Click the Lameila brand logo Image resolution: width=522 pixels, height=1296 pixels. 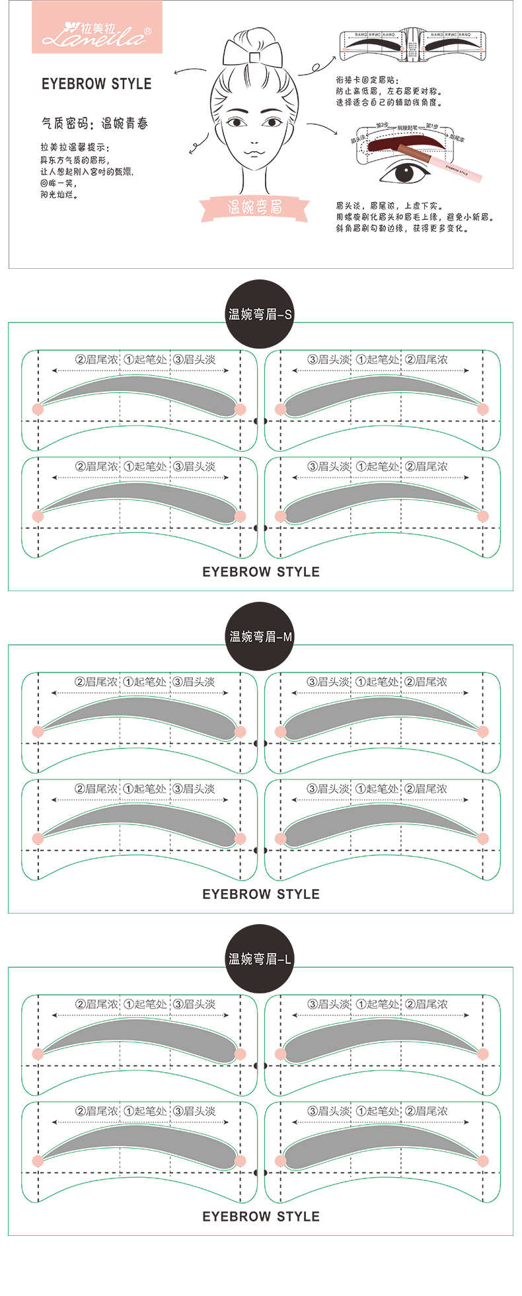click(96, 28)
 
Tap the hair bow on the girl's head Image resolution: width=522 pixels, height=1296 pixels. click(252, 52)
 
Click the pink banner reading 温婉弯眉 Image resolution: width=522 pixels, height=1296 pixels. click(254, 207)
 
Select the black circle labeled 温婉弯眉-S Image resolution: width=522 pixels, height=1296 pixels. click(260, 314)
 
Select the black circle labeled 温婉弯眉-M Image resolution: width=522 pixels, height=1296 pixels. click(260, 636)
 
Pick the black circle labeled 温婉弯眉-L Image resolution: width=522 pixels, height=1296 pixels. click(260, 958)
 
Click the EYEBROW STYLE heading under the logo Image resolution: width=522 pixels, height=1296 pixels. click(96, 84)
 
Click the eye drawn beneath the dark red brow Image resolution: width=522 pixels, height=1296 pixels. click(404, 173)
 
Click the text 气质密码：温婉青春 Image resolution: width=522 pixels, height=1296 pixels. click(94, 124)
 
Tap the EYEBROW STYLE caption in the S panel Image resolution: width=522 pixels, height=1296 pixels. click(260, 572)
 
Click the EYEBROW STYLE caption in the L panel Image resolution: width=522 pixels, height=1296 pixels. click(260, 1217)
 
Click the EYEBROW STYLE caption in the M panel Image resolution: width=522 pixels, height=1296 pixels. click(260, 894)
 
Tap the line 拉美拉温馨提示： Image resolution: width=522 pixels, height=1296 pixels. click(75, 148)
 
